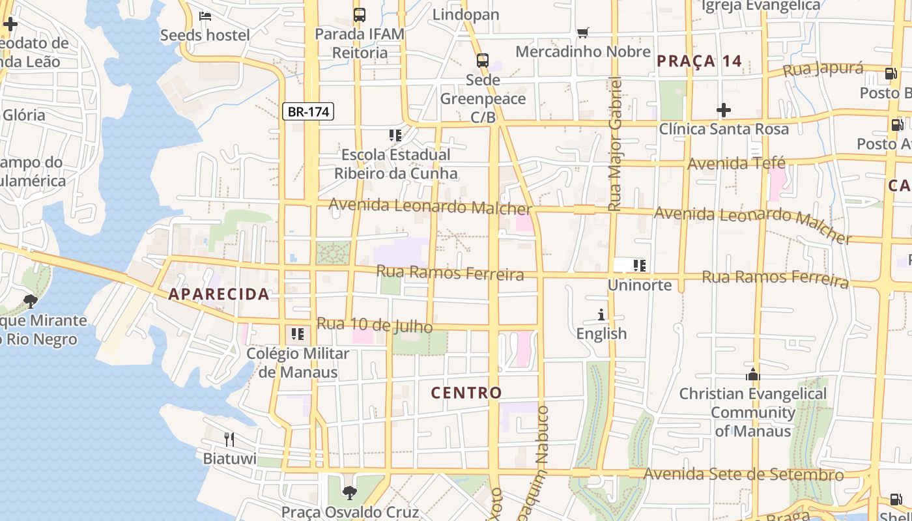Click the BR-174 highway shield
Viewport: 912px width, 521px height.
click(x=308, y=111)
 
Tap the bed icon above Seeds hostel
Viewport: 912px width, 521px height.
click(x=205, y=16)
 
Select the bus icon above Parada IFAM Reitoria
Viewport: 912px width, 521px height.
click(x=359, y=14)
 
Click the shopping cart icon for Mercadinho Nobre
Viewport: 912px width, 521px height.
click(x=583, y=33)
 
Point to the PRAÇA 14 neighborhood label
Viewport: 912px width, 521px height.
click(x=699, y=61)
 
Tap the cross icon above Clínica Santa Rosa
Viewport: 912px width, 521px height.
click(x=723, y=110)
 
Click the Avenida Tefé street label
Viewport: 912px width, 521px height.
click(x=736, y=163)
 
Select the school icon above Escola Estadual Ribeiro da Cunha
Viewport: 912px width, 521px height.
click(x=395, y=135)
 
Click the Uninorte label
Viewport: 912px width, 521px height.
click(x=639, y=285)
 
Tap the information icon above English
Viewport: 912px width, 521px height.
click(x=601, y=315)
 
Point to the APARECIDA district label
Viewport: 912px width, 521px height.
click(x=219, y=294)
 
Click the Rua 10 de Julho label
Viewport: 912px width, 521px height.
click(x=375, y=324)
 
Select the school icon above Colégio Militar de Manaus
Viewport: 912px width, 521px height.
click(x=298, y=334)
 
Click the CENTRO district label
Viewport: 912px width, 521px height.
click(x=466, y=393)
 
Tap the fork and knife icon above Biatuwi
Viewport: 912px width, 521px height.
click(x=229, y=439)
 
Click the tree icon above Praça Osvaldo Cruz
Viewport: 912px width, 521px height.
click(x=350, y=492)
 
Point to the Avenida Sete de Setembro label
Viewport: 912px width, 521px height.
click(x=743, y=474)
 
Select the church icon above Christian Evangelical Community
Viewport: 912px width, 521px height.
click(x=753, y=374)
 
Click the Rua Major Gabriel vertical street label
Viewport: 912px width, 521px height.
click(x=614, y=143)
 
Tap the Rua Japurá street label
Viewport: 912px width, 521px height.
click(x=823, y=69)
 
